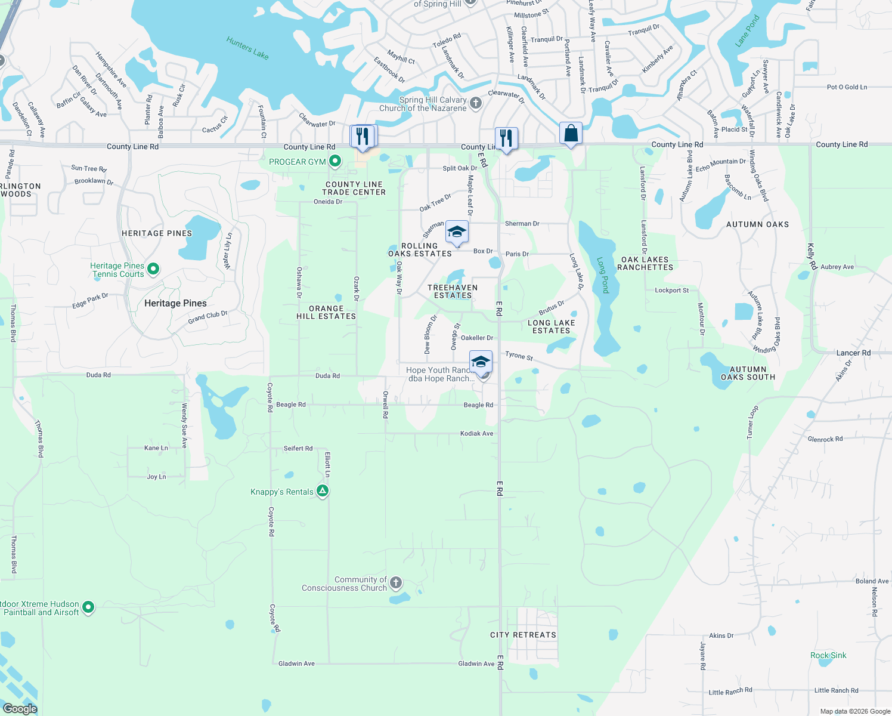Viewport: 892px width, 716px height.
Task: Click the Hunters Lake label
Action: pyautogui.click(x=247, y=48)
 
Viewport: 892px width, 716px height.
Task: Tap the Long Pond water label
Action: pyautogui.click(x=603, y=275)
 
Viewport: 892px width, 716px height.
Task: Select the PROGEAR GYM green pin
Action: pyautogui.click(x=335, y=161)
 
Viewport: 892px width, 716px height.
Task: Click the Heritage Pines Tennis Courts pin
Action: pyautogui.click(x=153, y=269)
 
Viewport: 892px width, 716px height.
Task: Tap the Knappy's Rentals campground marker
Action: pyautogui.click(x=323, y=491)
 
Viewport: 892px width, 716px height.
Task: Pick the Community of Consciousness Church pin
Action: pyautogui.click(x=396, y=582)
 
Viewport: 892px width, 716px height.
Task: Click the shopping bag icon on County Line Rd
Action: pyautogui.click(x=571, y=134)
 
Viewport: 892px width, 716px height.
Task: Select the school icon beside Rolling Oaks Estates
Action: pyautogui.click(x=457, y=233)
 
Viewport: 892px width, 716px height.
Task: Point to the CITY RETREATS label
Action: pyautogui.click(x=523, y=635)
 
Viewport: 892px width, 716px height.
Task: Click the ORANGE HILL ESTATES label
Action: pyautogui.click(x=326, y=313)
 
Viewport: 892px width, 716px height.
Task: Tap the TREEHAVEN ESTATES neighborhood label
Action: pyautogui.click(x=453, y=291)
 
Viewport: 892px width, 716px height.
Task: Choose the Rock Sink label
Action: pyautogui.click(x=828, y=655)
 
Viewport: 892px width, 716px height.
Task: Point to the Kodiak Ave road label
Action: pyautogui.click(x=477, y=433)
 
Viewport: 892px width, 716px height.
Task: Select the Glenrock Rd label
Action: pyautogui.click(x=825, y=439)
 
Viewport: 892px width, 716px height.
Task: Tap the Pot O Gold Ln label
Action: pyautogui.click(x=847, y=87)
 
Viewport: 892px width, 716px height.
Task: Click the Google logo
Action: pyautogui.click(x=20, y=709)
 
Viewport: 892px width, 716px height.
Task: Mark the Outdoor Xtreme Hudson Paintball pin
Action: pyautogui.click(x=88, y=607)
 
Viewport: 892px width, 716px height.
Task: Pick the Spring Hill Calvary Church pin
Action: pyautogui.click(x=476, y=103)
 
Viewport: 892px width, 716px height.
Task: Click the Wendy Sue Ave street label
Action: pyautogui.click(x=184, y=425)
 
